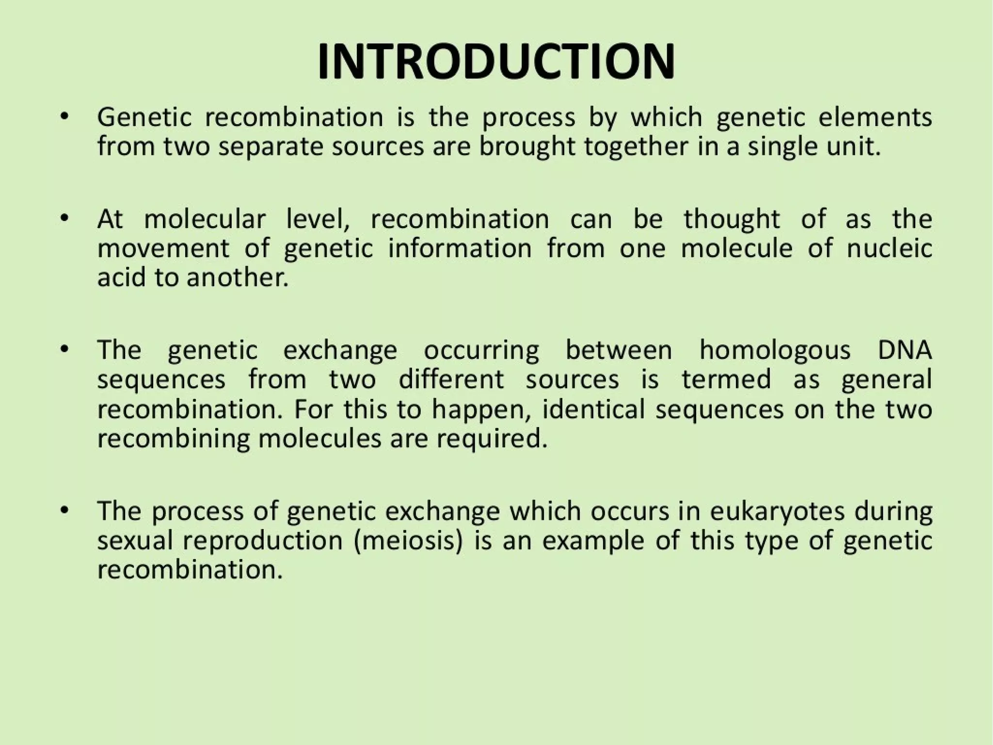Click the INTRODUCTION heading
496,62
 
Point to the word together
636,147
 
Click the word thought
732,219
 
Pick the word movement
163,248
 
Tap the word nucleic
889,248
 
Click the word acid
121,278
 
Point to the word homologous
775,350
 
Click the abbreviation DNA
905,350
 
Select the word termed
726,380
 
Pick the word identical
593,409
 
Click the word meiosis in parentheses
408,541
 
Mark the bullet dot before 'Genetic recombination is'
64,117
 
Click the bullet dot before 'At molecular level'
64,219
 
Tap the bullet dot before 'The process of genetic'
64,512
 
